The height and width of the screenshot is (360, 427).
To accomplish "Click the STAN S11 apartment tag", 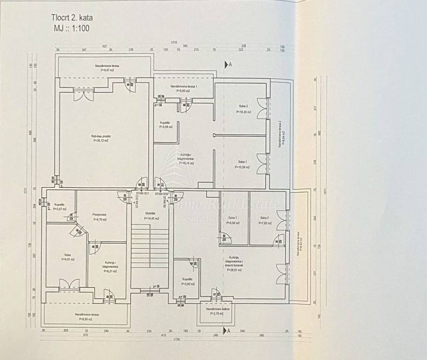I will (142, 193).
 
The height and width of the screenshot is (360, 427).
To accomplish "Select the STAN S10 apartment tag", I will (162, 193).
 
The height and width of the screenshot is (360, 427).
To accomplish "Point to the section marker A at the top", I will (229, 65).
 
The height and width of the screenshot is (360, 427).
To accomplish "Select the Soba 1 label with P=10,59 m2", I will (243, 165).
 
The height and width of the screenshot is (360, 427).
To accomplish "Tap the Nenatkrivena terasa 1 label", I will (184, 89).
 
